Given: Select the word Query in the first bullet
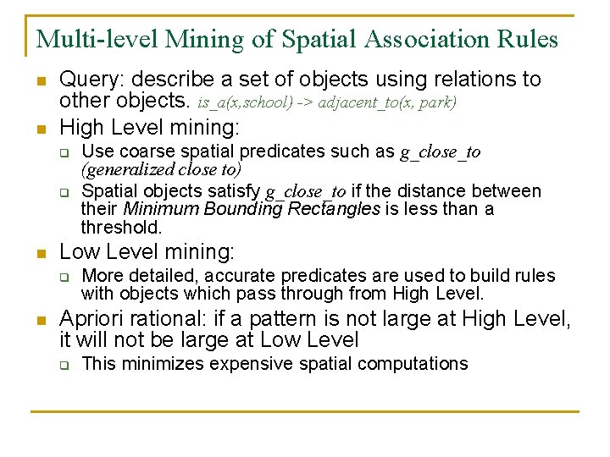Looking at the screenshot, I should [x=91, y=80].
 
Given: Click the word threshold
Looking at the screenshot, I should [x=120, y=227].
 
